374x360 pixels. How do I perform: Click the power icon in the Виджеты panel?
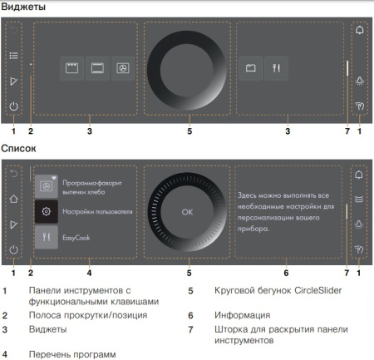(14, 106)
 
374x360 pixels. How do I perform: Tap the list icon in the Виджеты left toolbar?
(14, 56)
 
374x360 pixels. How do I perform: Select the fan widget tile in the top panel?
(122, 69)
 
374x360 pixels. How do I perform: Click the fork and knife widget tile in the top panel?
(276, 69)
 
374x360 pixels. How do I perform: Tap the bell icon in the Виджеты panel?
(359, 31)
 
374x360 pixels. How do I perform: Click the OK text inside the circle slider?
(187, 212)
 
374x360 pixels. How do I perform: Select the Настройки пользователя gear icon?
(47, 212)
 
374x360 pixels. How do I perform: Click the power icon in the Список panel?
(14, 249)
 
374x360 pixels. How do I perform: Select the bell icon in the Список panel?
(359, 175)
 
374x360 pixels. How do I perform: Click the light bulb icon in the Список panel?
(359, 224)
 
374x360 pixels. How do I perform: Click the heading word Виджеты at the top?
(23, 7)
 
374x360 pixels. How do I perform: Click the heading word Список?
(19, 149)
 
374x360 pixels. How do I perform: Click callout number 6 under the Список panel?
(286, 271)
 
